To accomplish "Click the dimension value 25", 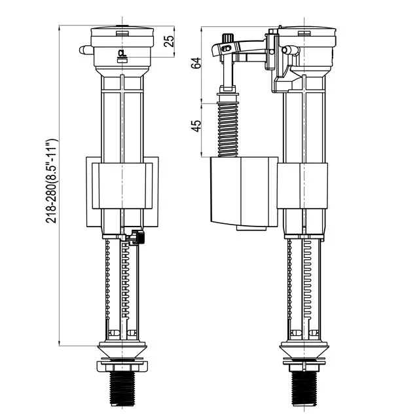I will click(x=169, y=40).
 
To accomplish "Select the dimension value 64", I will click(x=194, y=64).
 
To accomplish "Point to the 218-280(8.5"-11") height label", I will click(x=52, y=181).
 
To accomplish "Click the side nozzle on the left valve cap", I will click(x=83, y=49).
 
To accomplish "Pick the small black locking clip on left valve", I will click(x=137, y=238).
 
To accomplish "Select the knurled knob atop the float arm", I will click(x=228, y=39).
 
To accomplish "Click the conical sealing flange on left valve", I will click(x=122, y=348).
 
